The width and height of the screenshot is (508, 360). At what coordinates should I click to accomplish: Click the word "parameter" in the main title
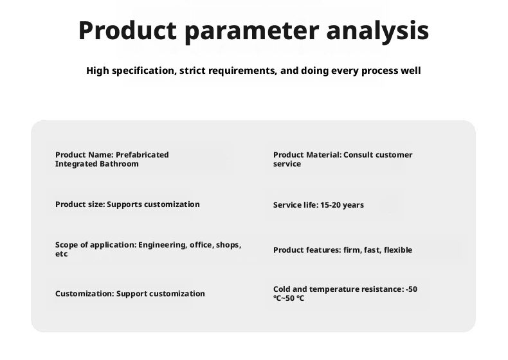click(x=251, y=32)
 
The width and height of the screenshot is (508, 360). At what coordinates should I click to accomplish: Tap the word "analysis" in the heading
click(x=377, y=31)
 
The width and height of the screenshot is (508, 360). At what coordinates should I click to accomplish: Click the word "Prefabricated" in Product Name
click(x=142, y=155)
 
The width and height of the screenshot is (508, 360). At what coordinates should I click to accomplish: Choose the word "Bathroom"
click(x=119, y=164)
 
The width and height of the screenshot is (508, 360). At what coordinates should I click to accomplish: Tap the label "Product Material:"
click(x=307, y=155)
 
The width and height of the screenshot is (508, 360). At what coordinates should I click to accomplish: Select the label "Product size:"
click(x=80, y=204)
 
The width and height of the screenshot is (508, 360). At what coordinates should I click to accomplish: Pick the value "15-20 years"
click(x=342, y=205)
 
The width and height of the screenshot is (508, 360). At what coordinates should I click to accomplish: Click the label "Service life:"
click(x=296, y=205)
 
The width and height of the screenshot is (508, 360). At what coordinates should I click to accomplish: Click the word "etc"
click(x=61, y=254)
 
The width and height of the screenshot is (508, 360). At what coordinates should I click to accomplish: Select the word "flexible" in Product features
click(x=398, y=250)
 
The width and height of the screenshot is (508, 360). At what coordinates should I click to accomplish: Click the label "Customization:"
click(x=84, y=294)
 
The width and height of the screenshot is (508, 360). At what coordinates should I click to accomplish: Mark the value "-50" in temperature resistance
click(x=412, y=289)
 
